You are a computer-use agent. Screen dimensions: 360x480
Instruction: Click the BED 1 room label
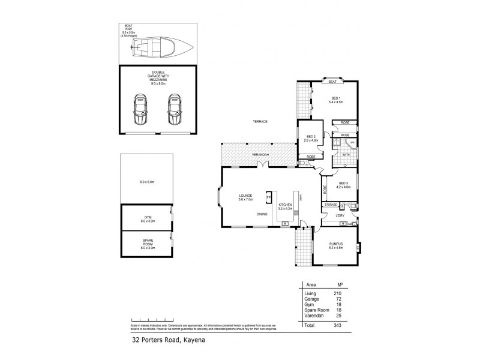coord(335,100)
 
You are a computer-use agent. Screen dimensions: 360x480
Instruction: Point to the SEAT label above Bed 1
coord(331,82)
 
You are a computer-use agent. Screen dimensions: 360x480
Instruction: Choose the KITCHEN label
coord(285,206)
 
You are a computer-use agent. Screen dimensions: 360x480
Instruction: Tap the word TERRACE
coord(259,122)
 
